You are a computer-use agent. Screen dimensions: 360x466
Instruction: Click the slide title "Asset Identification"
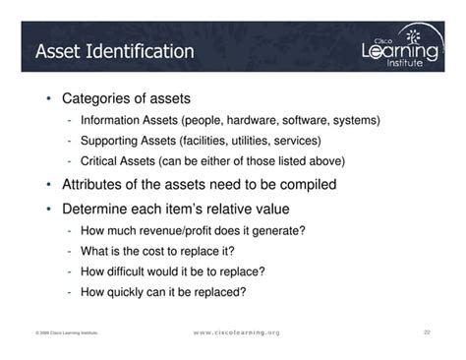tap(114, 50)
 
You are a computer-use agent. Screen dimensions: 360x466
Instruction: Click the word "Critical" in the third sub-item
tap(104, 161)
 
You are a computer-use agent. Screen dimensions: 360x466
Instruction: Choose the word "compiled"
tap(305, 184)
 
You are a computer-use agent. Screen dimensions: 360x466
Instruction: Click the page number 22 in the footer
tap(428, 332)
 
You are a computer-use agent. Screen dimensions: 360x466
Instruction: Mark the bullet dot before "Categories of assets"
tap(48, 99)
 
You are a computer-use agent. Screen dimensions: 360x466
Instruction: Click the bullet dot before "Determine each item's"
tap(48, 210)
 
